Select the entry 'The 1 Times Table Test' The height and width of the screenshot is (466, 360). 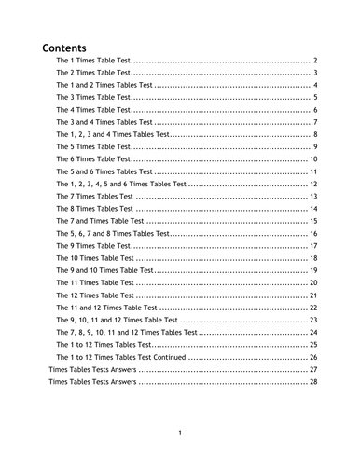click(92, 60)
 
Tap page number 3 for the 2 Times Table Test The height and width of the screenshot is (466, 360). click(316, 73)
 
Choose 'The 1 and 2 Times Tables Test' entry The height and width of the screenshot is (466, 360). click(104, 85)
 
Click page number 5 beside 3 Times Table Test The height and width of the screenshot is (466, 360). click(316, 98)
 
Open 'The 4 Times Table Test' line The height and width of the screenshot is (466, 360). click(92, 110)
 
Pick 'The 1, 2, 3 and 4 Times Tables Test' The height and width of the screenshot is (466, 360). click(113, 134)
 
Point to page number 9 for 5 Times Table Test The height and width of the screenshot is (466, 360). click(316, 147)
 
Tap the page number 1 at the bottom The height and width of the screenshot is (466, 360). click(180, 432)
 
